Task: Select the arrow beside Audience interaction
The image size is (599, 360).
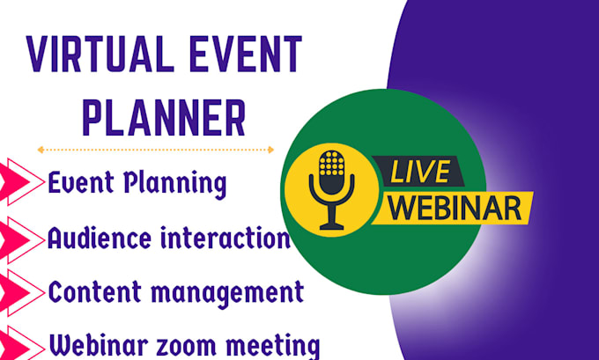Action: click(20, 238)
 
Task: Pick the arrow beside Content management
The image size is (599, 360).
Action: click(20, 290)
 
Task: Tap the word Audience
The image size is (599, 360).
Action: click(89, 238)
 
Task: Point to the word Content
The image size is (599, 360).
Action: click(89, 291)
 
